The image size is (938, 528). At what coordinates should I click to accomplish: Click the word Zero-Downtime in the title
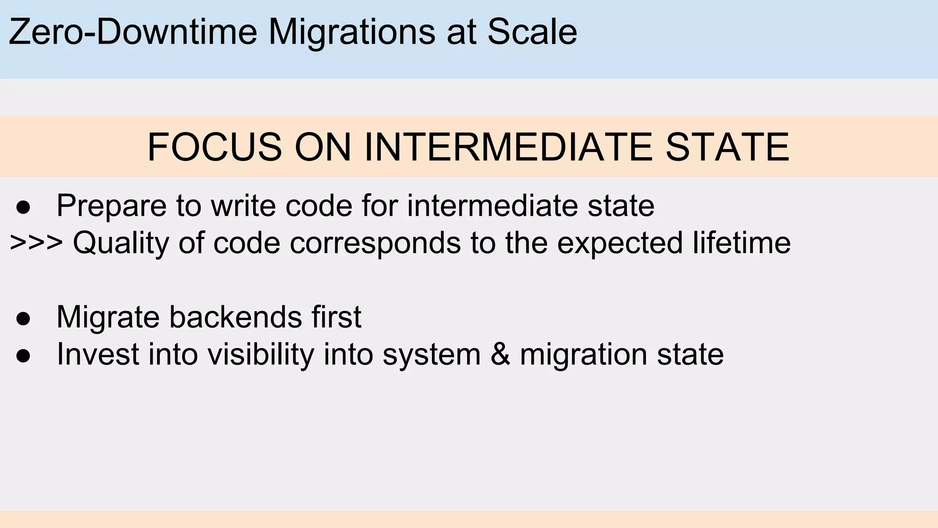click(x=133, y=32)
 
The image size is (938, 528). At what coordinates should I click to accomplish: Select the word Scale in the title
click(x=532, y=32)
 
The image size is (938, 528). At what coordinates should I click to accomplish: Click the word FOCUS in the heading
click(x=214, y=147)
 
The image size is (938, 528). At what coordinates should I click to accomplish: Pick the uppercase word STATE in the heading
click(x=727, y=147)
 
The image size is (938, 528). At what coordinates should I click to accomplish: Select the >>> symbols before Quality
click(x=36, y=243)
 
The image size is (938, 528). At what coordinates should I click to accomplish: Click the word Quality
click(x=121, y=243)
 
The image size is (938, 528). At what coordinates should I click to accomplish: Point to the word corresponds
click(x=375, y=243)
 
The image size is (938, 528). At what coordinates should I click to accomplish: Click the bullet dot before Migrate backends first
click(x=23, y=319)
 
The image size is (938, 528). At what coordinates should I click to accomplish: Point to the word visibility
click(x=260, y=354)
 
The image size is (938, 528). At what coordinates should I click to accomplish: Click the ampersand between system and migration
click(x=500, y=354)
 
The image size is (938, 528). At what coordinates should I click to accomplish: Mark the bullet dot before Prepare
click(x=23, y=207)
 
